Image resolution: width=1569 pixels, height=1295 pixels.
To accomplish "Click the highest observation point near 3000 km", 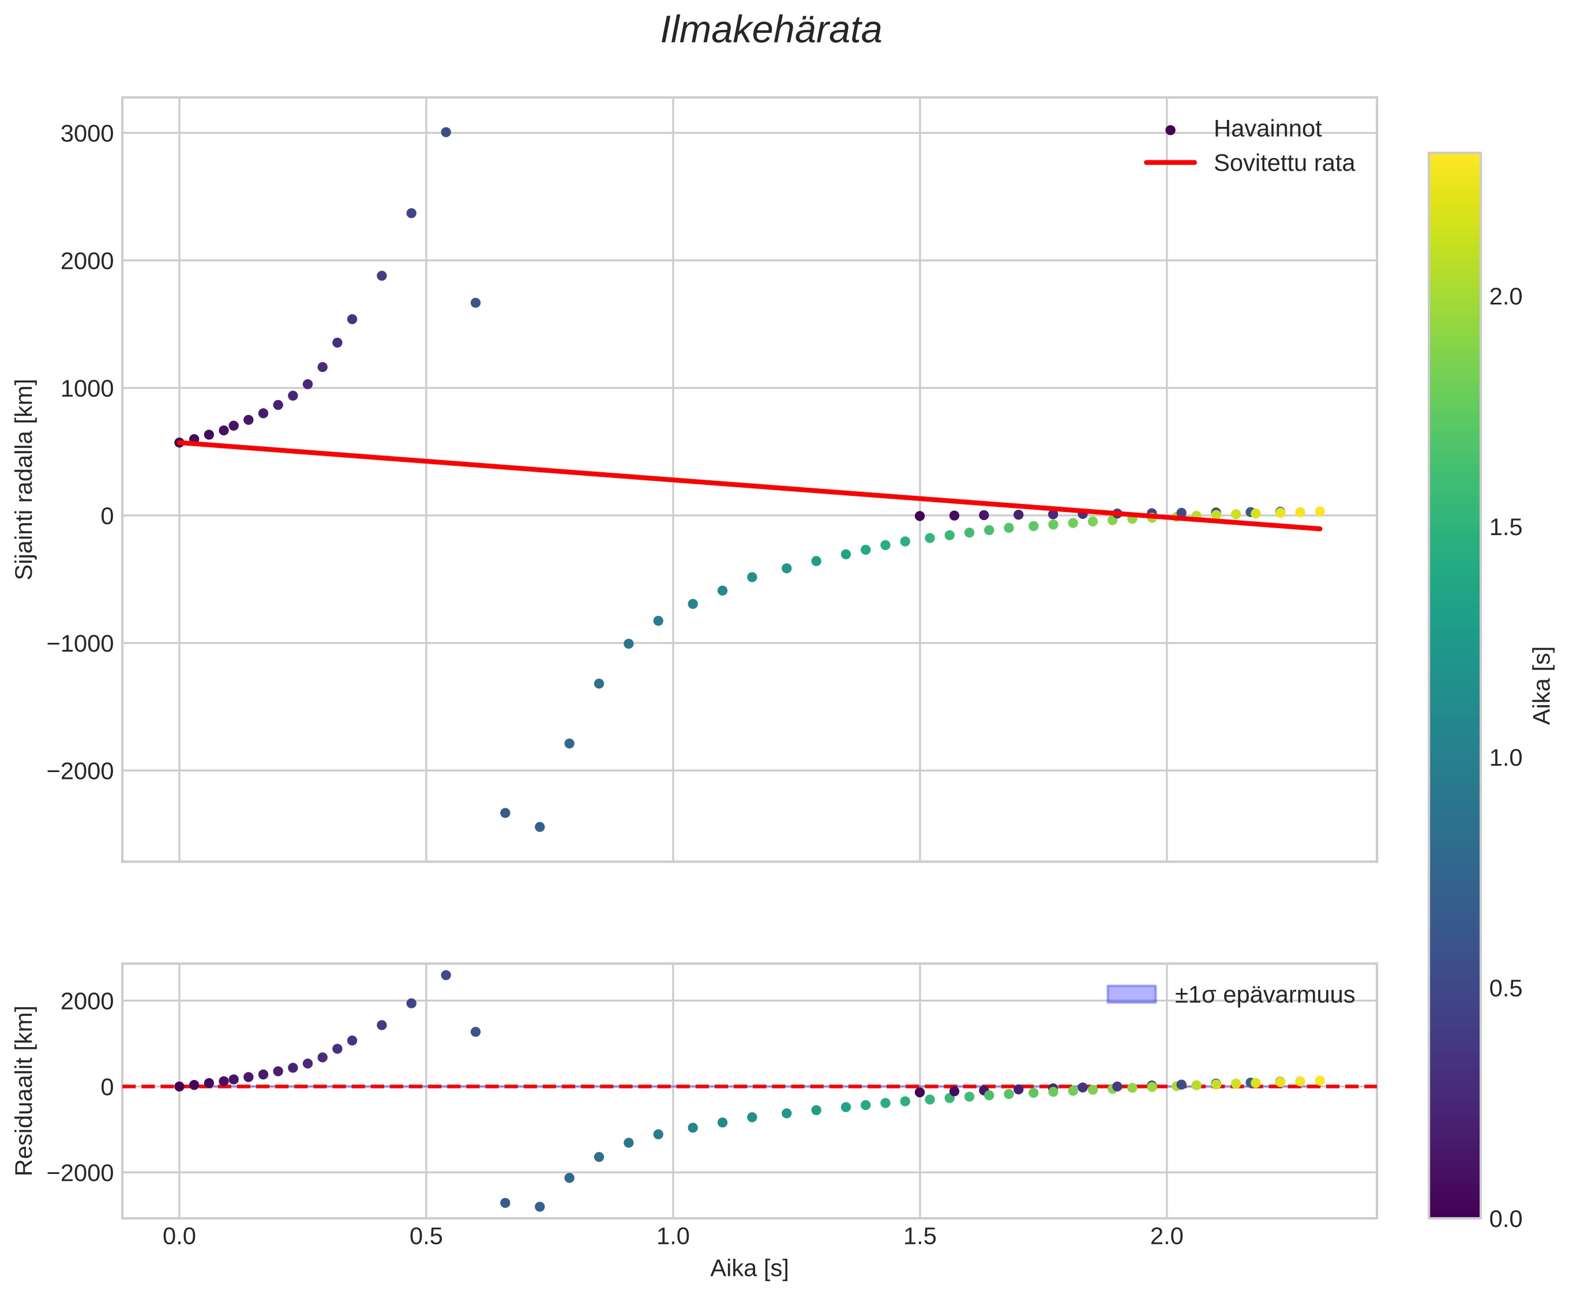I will [x=446, y=132].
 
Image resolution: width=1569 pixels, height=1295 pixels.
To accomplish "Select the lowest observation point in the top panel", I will [x=540, y=827].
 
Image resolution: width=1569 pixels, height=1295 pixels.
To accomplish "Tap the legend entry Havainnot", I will [x=1267, y=129].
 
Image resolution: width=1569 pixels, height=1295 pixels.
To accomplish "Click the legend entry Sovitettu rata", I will [x=1283, y=163].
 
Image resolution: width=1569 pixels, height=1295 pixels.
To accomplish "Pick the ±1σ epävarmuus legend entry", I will [x=1263, y=995].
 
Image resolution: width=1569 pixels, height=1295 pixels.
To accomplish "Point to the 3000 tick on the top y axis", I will [x=87, y=134].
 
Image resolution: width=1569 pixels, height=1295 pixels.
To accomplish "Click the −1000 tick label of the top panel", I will [x=80, y=643].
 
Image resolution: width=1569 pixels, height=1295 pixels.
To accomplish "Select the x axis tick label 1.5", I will [x=919, y=1237].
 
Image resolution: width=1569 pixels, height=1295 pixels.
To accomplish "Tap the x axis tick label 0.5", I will [x=426, y=1237].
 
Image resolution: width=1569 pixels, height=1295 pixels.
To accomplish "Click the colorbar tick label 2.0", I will [x=1505, y=297].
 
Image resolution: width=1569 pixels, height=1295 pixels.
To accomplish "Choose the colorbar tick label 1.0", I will [x=1505, y=758].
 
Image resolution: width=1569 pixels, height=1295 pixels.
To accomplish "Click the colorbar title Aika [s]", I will [x=1541, y=686].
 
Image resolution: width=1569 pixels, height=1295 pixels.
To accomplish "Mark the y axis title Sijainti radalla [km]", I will [x=25, y=479].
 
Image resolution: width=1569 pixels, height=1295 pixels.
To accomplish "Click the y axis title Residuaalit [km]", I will [x=25, y=1091].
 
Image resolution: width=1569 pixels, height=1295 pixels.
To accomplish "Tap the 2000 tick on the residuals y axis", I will [x=87, y=1001].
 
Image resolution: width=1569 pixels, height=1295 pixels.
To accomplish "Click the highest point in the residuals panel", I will [x=446, y=975].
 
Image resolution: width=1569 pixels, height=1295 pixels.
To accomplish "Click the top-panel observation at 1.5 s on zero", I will [x=919, y=516].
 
